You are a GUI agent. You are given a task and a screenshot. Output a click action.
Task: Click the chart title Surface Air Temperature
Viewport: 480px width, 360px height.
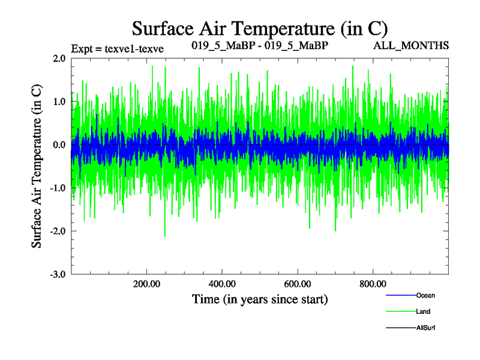click(x=259, y=28)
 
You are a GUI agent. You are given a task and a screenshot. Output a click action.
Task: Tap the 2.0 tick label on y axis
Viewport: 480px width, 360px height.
click(x=59, y=58)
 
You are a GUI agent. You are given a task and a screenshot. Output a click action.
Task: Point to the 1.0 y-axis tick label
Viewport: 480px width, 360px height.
click(x=59, y=101)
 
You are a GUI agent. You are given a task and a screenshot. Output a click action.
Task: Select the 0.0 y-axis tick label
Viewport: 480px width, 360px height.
click(x=59, y=145)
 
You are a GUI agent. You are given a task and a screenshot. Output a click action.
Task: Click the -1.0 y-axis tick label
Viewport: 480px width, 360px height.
click(x=58, y=188)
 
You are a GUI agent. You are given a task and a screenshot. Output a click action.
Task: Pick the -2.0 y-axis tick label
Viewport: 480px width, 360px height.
click(x=58, y=231)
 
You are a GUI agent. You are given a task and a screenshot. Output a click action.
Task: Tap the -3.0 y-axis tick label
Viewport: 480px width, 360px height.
click(x=58, y=274)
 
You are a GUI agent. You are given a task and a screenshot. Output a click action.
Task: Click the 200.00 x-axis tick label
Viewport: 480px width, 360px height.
click(x=146, y=284)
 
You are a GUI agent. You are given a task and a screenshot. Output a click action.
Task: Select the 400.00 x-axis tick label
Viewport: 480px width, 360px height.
click(x=222, y=284)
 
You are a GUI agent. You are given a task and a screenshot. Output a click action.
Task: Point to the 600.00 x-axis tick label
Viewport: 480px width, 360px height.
click(x=298, y=284)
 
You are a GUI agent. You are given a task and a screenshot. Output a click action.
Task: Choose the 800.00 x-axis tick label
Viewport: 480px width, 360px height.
click(x=373, y=284)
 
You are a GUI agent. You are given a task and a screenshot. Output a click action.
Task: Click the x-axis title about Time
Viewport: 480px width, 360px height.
click(x=260, y=299)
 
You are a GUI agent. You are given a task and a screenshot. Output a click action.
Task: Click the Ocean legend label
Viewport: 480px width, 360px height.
click(x=425, y=295)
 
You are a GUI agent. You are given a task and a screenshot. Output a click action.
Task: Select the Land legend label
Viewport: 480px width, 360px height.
click(x=423, y=311)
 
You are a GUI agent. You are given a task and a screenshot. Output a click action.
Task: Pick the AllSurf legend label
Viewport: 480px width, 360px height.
click(x=425, y=328)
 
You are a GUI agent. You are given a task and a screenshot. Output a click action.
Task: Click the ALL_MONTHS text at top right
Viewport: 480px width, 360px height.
click(x=411, y=46)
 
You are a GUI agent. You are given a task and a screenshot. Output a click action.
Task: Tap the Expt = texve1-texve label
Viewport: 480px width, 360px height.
click(x=118, y=47)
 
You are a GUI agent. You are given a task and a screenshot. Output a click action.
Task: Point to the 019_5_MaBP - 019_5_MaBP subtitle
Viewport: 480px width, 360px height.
click(x=259, y=46)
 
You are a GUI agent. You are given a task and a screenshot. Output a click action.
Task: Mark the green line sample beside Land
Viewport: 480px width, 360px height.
click(x=399, y=311)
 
